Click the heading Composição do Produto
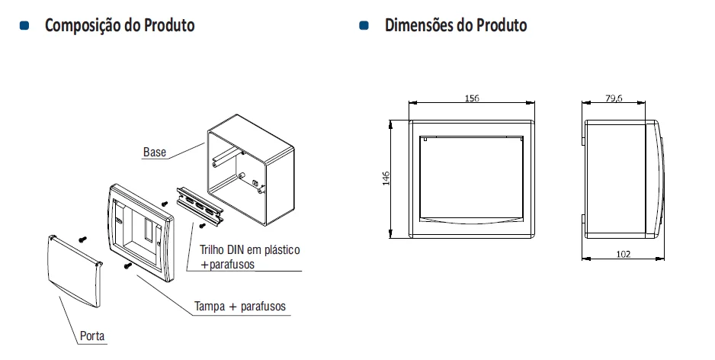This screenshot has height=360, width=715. (120, 25)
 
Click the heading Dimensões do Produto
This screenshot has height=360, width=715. (456, 25)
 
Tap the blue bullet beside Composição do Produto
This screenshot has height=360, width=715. (24, 25)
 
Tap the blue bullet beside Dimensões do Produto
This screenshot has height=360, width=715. (364, 25)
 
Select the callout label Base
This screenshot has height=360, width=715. (155, 152)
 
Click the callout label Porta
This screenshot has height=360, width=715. (92, 336)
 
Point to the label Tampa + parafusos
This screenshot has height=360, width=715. (240, 306)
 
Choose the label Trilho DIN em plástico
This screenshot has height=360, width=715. (250, 249)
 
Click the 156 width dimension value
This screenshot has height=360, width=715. (472, 98)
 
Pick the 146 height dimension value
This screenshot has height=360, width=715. (386, 178)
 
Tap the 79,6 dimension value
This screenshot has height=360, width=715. (614, 98)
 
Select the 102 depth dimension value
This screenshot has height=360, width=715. (624, 254)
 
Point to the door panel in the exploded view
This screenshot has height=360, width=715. (75, 271)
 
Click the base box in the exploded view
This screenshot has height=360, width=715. (251, 169)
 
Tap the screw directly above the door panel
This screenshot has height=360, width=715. (82, 239)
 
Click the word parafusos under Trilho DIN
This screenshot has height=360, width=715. (232, 264)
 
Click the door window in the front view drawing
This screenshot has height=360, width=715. (471, 180)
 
